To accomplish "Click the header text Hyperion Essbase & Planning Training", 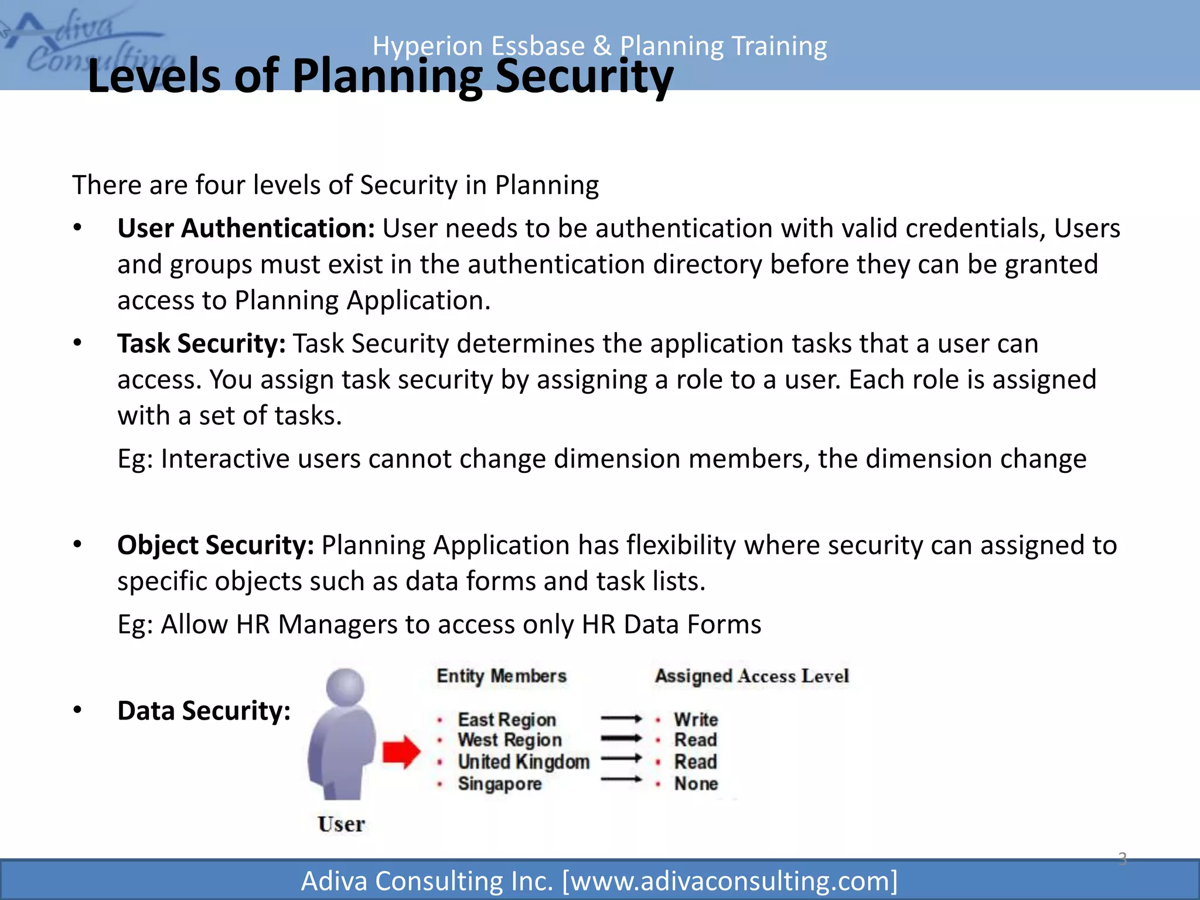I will [x=599, y=46].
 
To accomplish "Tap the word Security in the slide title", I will [x=584, y=76].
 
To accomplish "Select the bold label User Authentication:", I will [x=246, y=228].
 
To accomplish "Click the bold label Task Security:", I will [x=201, y=343].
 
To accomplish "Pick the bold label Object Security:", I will [x=216, y=545].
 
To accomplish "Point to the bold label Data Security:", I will [x=204, y=711].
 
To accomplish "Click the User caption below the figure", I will [x=341, y=824].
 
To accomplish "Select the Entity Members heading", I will [x=502, y=676].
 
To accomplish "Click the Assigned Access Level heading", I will [x=752, y=676].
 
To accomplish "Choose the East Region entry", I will [x=506, y=720].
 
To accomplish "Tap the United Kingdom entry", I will [x=523, y=762].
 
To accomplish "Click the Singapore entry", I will [x=499, y=783].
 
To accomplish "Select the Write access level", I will [x=696, y=720].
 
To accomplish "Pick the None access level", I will [x=696, y=783].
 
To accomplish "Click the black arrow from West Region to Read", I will [x=622, y=738].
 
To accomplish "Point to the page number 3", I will [x=1122, y=859].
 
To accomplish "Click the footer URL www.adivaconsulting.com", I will [x=729, y=881].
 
